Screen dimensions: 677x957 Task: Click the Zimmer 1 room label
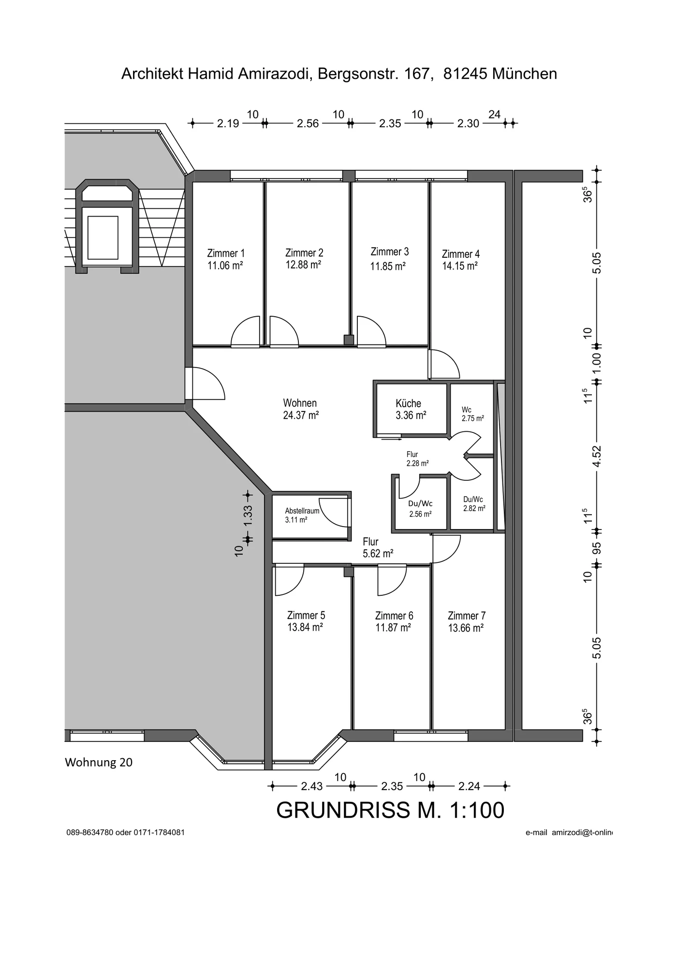[x=226, y=253]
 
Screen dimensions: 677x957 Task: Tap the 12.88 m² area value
[x=303, y=265]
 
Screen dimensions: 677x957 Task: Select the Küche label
[x=408, y=403]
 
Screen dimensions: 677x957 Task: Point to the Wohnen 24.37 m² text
[x=300, y=409]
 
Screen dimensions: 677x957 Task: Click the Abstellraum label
[x=302, y=511]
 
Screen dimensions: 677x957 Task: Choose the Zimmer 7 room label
[x=466, y=616]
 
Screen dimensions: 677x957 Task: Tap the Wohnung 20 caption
[x=99, y=763]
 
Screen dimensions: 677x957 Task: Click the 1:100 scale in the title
[x=476, y=810]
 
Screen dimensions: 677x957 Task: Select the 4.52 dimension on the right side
[x=597, y=456]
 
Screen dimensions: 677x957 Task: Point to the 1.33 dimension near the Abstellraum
[x=248, y=516]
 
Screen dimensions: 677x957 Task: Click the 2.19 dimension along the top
[x=228, y=123]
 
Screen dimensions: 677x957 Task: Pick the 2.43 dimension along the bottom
[x=312, y=786]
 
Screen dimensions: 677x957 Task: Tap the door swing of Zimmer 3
[x=371, y=330]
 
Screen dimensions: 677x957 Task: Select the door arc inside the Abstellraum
[x=334, y=513]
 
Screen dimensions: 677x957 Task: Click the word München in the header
[x=525, y=74]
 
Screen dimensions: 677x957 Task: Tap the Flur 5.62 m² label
[x=378, y=548]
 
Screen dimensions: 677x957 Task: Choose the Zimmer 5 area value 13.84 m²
[x=305, y=627]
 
